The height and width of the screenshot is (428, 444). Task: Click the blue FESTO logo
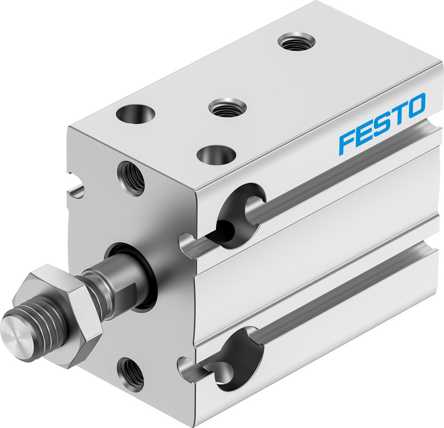pos(382,124)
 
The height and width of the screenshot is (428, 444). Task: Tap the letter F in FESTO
pos(348,142)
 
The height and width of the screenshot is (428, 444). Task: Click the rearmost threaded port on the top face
pos(296,42)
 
